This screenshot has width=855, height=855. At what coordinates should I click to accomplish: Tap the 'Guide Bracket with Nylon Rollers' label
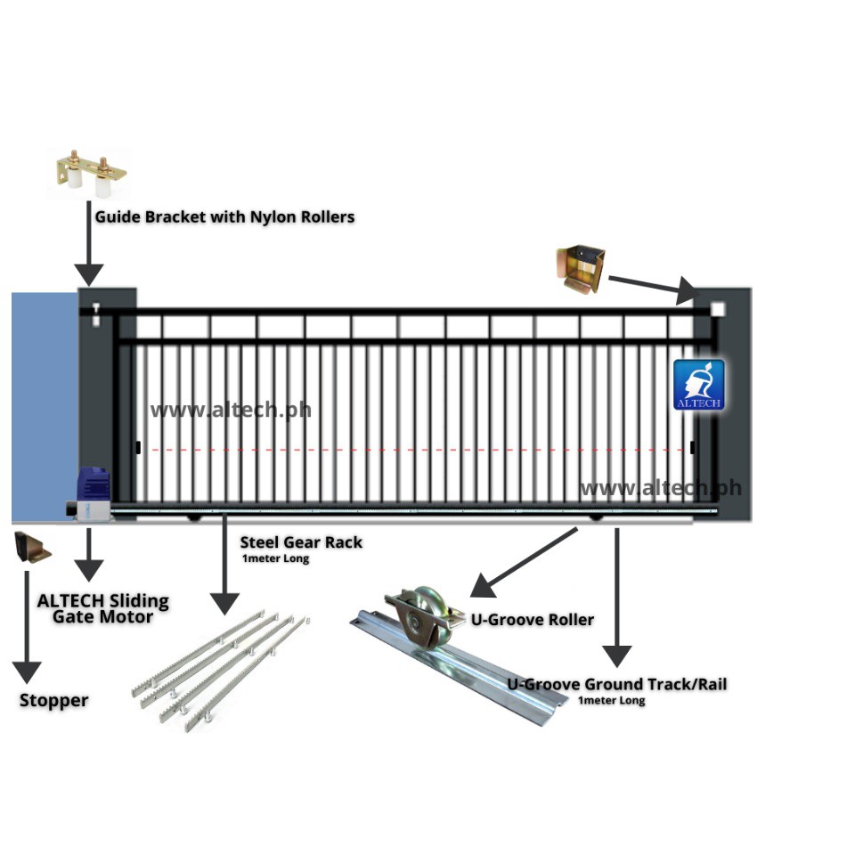click(224, 216)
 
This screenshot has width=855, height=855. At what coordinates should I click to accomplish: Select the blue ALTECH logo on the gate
click(698, 385)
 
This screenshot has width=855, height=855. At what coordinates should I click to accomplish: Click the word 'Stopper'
click(54, 701)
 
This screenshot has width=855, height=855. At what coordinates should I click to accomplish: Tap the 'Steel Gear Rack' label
click(301, 541)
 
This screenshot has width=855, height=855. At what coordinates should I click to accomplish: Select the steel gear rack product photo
click(223, 668)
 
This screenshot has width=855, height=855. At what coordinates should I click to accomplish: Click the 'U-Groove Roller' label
click(533, 619)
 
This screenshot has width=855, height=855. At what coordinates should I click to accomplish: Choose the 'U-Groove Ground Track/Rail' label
click(617, 684)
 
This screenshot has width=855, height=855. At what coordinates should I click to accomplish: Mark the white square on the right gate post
click(718, 310)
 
